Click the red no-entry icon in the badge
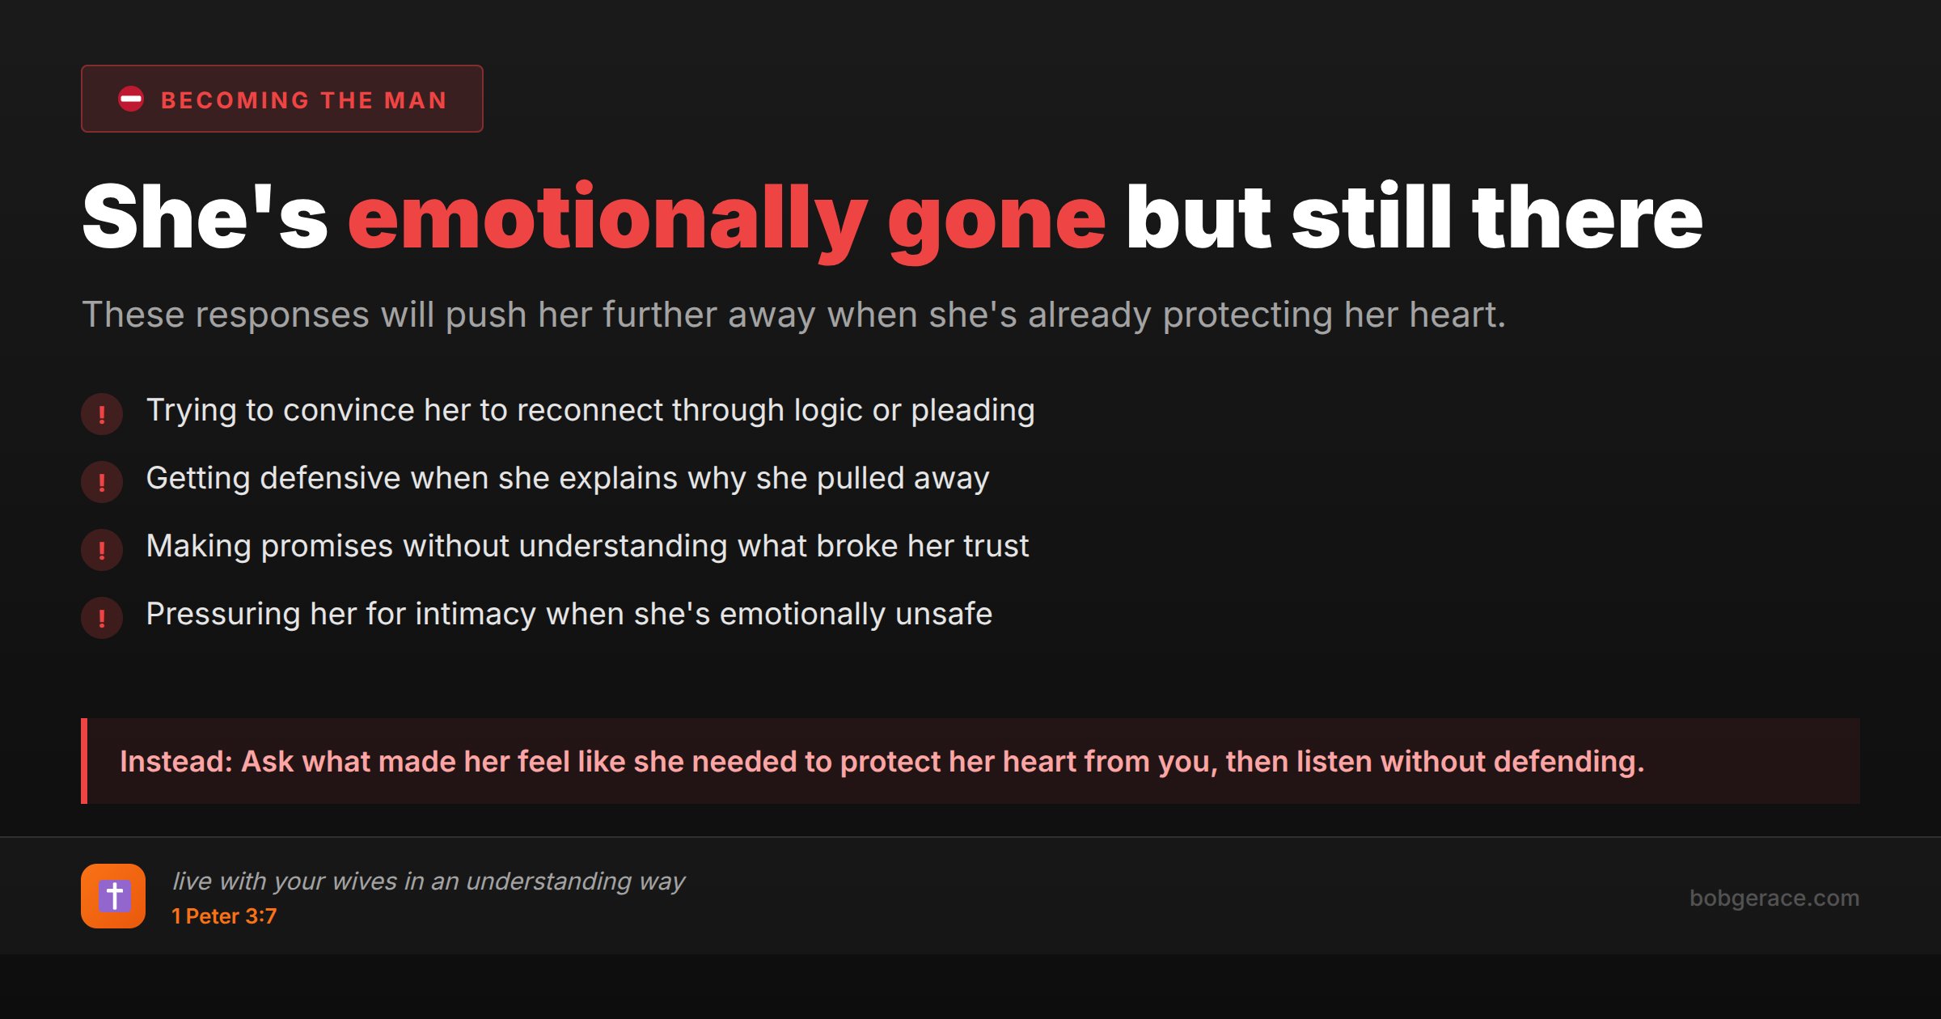131,99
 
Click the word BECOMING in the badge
235,100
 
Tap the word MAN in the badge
416,100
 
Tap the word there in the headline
1588,215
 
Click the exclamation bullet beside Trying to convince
102,414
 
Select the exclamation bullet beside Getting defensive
102,482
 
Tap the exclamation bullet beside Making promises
102,550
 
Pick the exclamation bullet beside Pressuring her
102,618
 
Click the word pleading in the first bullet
973,412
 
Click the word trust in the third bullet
996,547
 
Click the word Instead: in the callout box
176,762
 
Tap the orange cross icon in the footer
113,896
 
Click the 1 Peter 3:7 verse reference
224,916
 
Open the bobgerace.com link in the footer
1774,898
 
